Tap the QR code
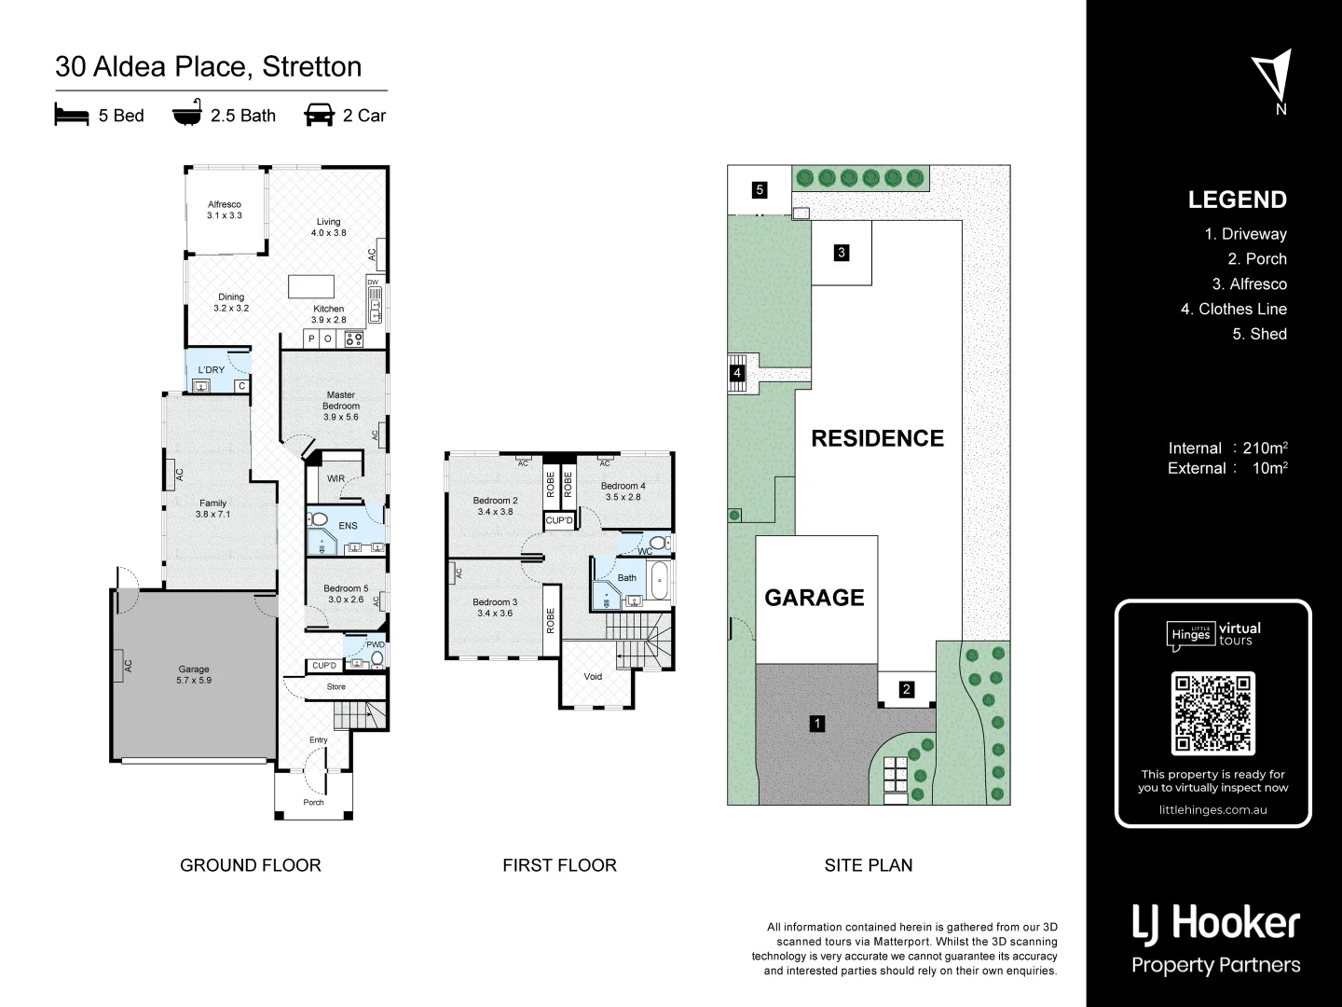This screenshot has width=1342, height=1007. coord(1212,713)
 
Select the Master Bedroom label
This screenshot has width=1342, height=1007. coord(341,406)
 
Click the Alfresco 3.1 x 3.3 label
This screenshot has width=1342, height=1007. coord(225,210)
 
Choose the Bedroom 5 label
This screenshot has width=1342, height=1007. coord(346,594)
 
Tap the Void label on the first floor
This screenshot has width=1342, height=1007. coord(593,677)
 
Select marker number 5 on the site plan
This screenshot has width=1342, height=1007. coord(760,190)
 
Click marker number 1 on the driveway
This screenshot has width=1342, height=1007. coord(817,723)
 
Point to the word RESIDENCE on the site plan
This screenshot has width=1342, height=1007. coord(877,438)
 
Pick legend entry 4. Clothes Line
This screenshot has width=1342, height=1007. coord(1233,309)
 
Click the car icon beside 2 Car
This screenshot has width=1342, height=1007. coord(319,115)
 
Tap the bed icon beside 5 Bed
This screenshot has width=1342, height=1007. coord(72,115)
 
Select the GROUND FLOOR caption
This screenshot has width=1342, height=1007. coord(250,865)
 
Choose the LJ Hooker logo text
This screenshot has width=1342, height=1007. coord(1215,923)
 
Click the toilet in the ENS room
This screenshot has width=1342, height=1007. coord(318,519)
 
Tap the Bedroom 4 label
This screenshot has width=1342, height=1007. coord(623,491)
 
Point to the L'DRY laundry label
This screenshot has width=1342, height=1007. coord(212,370)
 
